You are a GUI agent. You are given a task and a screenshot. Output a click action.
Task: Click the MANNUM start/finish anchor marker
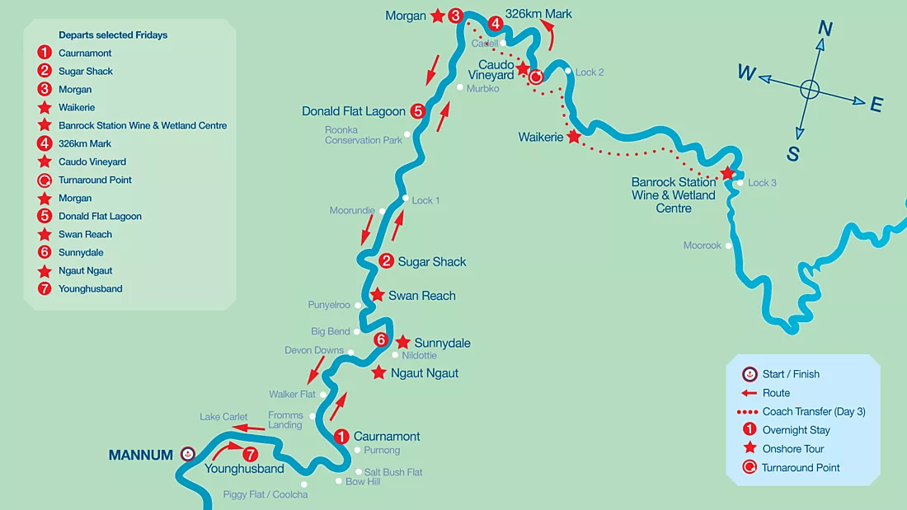coord(188,454)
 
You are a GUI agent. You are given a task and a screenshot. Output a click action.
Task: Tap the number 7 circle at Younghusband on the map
coord(250,454)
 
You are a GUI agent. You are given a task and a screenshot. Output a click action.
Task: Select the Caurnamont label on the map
coord(387,437)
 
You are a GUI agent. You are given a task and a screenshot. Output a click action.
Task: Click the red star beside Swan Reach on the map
coord(377,295)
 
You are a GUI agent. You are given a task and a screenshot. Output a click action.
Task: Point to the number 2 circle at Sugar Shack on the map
coord(386,261)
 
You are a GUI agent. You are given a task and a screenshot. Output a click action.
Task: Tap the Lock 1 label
coord(425,200)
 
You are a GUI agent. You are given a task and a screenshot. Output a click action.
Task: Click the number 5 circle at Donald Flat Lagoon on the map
coord(418,111)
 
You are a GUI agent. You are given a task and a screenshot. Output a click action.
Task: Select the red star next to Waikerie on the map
coord(574,137)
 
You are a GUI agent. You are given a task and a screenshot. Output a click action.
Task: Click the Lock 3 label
coord(762,183)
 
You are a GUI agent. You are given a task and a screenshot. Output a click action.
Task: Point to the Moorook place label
coord(702,246)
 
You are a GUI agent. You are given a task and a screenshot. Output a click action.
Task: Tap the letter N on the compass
coord(825,29)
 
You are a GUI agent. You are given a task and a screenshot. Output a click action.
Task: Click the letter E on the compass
coord(876,105)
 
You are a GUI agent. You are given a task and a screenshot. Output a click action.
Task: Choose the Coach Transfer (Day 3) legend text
coord(814,412)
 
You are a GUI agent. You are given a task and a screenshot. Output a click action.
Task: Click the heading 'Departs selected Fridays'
coord(113,35)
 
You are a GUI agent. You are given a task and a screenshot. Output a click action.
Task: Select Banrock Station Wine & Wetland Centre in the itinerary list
coord(143,125)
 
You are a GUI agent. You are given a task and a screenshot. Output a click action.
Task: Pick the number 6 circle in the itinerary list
coord(45,252)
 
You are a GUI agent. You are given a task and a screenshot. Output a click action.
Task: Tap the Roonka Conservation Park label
coord(364,135)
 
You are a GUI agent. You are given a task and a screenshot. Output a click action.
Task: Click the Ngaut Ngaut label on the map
coord(425,373)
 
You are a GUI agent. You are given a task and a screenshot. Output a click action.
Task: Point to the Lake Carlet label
coord(223,417)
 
